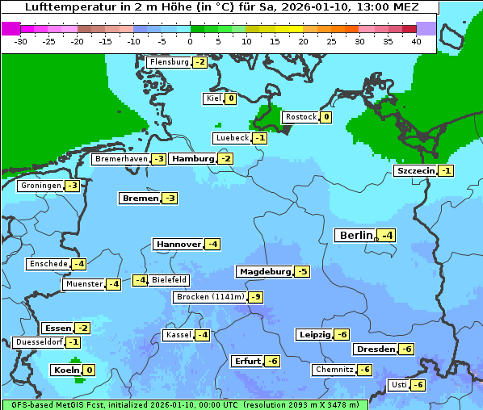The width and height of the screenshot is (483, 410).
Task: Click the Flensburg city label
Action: tap(169, 62)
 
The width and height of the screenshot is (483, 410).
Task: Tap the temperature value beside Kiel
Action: tap(231, 98)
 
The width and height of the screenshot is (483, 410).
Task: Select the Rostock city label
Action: tap(300, 117)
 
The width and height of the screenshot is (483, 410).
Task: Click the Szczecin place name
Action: tap(415, 171)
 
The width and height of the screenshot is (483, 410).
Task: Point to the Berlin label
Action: tap(356, 236)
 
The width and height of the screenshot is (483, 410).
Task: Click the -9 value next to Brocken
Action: tap(255, 297)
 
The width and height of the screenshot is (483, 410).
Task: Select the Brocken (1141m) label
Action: tap(209, 297)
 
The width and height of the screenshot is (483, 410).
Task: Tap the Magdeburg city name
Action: tap(264, 272)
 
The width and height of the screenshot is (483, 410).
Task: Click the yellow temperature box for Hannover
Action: tap(212, 244)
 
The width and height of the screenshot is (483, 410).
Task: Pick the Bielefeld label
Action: tap(169, 280)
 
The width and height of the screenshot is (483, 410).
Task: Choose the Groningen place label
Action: tap(40, 186)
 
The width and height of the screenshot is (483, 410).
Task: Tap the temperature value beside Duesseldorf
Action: tap(73, 342)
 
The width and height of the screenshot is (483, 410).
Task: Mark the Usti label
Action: tap(399, 385)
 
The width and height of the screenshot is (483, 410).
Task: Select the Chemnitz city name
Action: tap(334, 370)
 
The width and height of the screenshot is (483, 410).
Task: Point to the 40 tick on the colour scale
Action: tap(416, 40)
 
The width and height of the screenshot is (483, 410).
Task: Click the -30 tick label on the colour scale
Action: tap(21, 40)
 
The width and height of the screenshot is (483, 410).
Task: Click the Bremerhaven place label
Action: tap(121, 160)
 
